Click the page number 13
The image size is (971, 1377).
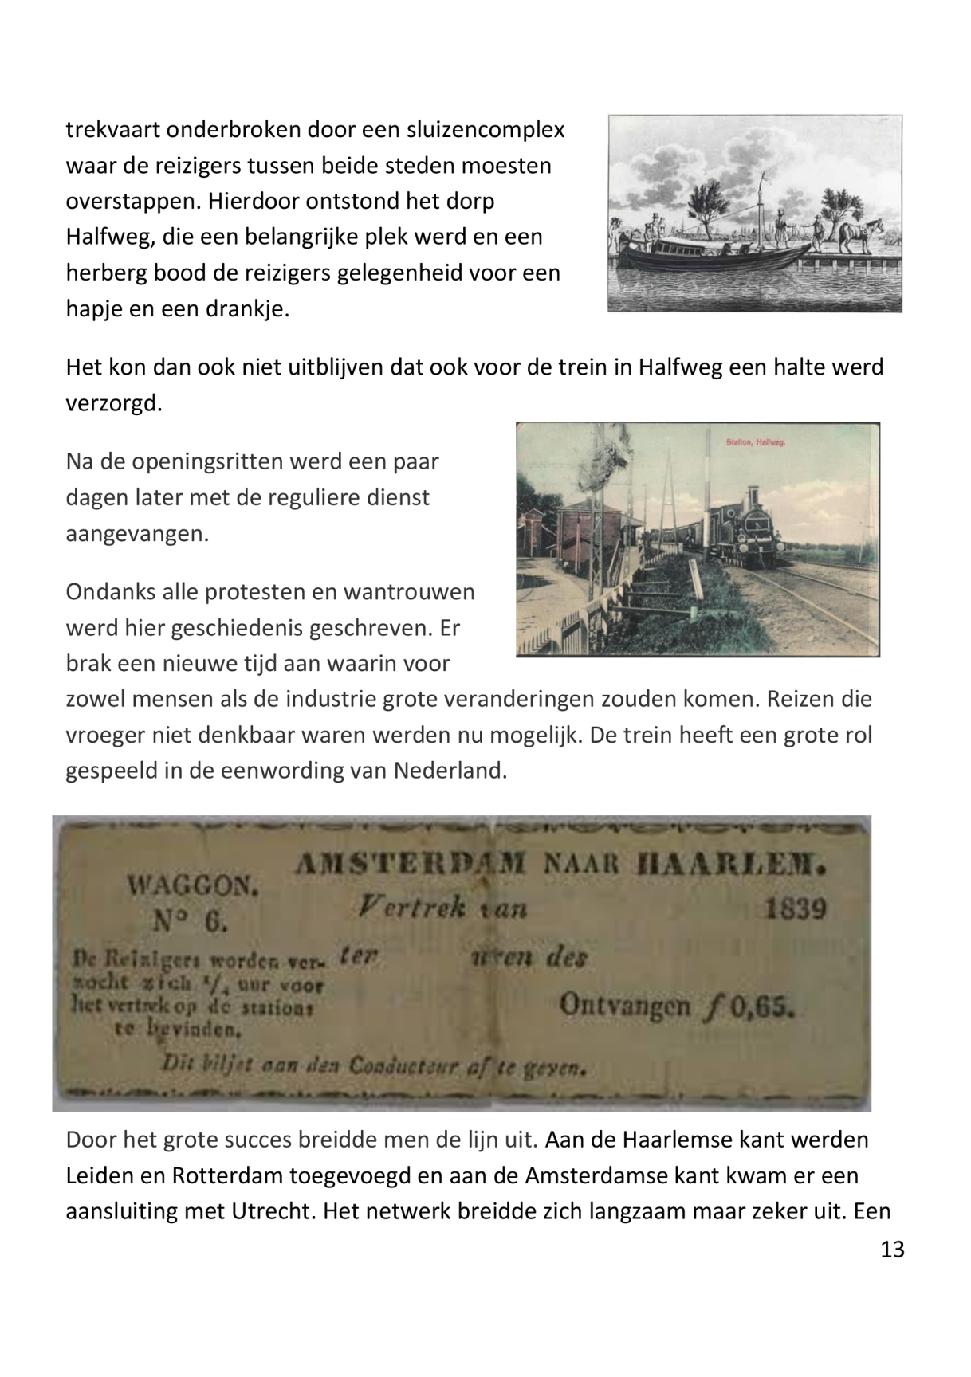tap(892, 1249)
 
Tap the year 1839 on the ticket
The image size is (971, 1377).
tap(795, 909)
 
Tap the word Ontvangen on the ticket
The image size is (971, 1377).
tap(625, 1006)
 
